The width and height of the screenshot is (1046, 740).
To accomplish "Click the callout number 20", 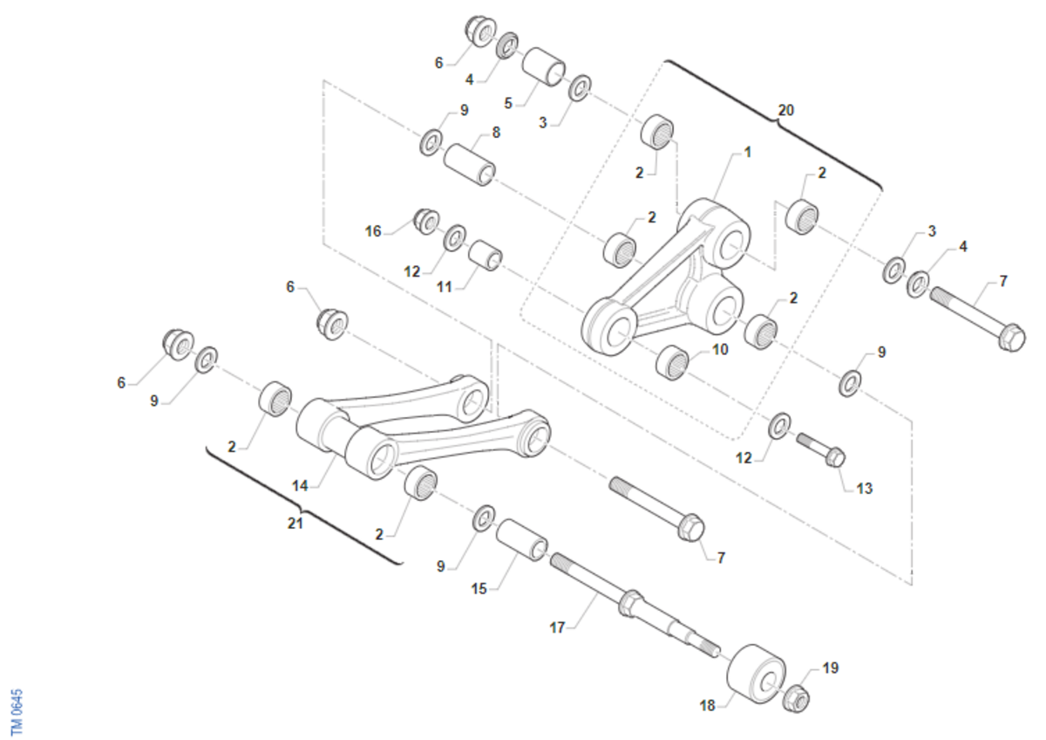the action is [x=786, y=110].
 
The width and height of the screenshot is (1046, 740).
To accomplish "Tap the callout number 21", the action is [x=295, y=524].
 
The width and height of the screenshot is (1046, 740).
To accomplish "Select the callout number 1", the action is [x=747, y=152].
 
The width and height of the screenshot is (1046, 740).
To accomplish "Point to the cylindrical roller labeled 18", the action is [x=756, y=674].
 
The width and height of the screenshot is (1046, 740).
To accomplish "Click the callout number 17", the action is [x=558, y=627].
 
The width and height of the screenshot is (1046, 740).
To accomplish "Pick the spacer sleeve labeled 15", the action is [x=521, y=540].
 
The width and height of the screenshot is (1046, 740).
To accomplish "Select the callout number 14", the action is [x=300, y=486].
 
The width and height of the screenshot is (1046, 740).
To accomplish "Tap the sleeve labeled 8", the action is [x=469, y=165].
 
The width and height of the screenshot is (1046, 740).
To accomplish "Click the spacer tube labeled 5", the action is [x=543, y=67].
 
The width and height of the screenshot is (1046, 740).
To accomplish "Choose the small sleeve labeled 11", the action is [x=486, y=255].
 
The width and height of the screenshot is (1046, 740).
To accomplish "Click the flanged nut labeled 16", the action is [x=427, y=222].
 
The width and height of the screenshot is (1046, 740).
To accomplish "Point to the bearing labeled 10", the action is [x=672, y=363].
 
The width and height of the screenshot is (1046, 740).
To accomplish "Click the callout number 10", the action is [x=720, y=349].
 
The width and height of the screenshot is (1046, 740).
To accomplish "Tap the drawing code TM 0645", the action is [x=17, y=711].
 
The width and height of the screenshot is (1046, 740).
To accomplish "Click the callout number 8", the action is [x=496, y=133].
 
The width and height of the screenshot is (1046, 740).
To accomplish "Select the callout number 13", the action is [x=865, y=489].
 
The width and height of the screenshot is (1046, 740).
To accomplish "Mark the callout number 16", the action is [x=373, y=231].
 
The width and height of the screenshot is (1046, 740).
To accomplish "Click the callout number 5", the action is [x=508, y=103].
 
